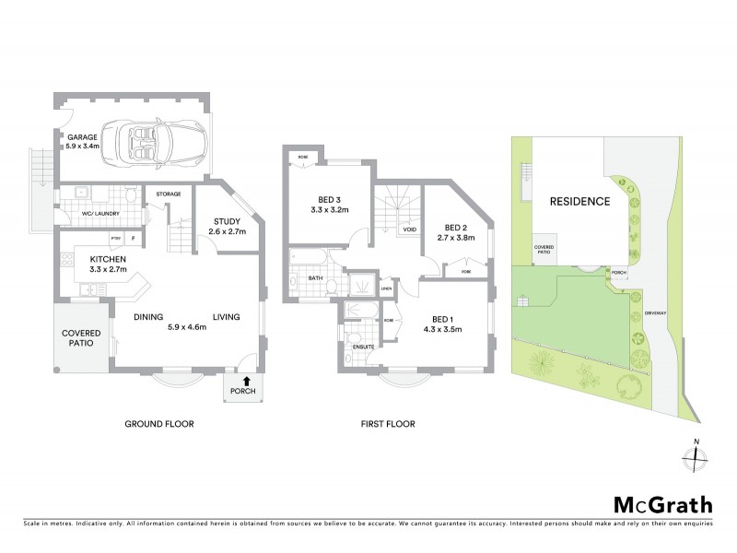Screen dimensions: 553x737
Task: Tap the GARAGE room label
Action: pyautogui.click(x=81, y=137)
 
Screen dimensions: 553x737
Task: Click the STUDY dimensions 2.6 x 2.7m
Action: pyautogui.click(x=227, y=232)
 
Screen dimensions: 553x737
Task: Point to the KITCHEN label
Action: pyautogui.click(x=107, y=259)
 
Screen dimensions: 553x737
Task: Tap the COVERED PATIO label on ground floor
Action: pyautogui.click(x=81, y=338)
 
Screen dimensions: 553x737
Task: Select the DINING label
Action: pyautogui.click(x=148, y=317)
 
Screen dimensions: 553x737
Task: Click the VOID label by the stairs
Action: pyautogui.click(x=409, y=229)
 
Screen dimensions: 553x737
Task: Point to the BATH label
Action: pyautogui.click(x=315, y=277)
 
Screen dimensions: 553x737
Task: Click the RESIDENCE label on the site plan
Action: pyautogui.click(x=579, y=202)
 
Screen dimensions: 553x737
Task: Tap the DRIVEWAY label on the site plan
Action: pyautogui.click(x=655, y=312)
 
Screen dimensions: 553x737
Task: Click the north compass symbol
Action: pyautogui.click(x=696, y=456)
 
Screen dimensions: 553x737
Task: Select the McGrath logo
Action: pyautogui.click(x=662, y=504)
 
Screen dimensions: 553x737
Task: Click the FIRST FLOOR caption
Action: pyautogui.click(x=388, y=424)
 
